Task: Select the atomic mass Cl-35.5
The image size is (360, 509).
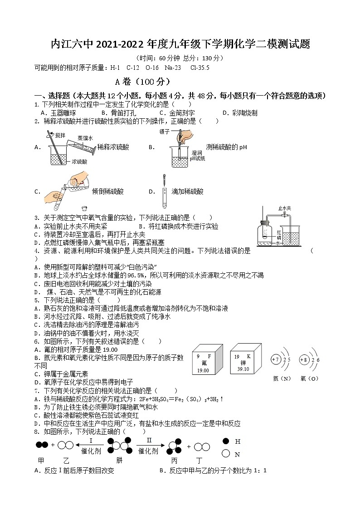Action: [200, 68]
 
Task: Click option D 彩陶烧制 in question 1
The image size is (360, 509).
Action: [240, 113]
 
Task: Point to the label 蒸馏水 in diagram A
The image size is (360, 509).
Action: [85, 138]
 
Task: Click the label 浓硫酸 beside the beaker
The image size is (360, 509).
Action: [80, 161]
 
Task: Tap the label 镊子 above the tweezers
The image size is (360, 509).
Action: [165, 131]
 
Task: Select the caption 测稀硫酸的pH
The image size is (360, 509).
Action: [226, 147]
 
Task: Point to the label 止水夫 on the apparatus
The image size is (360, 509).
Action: [284, 209]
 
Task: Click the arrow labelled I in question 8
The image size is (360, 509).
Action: [90, 445]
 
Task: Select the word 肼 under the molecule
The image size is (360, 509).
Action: [119, 461]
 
